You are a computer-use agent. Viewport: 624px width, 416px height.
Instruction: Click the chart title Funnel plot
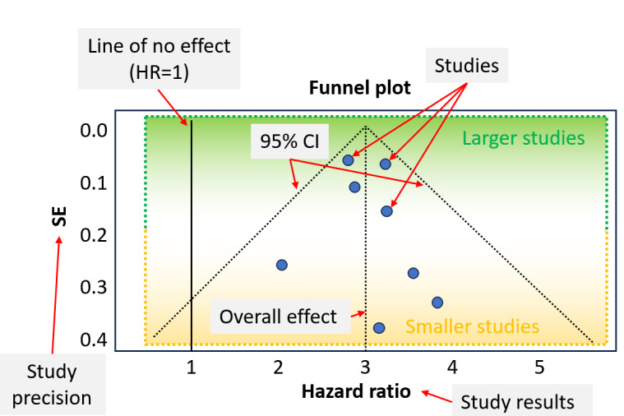click(x=360, y=88)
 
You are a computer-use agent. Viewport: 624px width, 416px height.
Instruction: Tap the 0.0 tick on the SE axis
click(x=94, y=131)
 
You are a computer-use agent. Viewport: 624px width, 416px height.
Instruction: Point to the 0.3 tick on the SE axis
click(x=94, y=287)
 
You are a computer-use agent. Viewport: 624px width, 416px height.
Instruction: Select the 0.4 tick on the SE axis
click(x=94, y=340)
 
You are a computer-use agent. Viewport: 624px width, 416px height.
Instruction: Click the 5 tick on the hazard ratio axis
click(x=539, y=367)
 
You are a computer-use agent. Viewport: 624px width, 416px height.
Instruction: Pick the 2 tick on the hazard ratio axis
click(x=278, y=367)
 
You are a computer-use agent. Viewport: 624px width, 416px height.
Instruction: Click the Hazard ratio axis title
click(x=356, y=391)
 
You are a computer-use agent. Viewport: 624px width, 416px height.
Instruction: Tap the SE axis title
click(x=59, y=216)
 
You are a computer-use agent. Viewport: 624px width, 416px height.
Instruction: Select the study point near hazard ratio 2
click(x=282, y=265)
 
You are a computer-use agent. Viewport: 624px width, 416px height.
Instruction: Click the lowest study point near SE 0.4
click(x=379, y=328)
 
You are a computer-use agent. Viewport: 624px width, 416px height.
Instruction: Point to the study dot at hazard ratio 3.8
click(x=437, y=303)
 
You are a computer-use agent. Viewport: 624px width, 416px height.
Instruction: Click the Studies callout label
click(x=467, y=66)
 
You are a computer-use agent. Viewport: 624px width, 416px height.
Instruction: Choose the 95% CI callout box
click(x=289, y=141)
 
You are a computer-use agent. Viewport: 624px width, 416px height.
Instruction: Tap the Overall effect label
click(x=280, y=317)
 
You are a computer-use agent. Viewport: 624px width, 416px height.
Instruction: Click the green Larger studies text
click(x=524, y=138)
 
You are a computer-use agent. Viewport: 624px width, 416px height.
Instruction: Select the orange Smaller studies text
click(x=473, y=326)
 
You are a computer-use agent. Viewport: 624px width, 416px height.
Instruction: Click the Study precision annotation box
click(x=52, y=385)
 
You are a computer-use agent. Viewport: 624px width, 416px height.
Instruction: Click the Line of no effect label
click(x=159, y=58)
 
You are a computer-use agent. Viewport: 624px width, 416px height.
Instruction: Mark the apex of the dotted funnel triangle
click(x=366, y=127)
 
